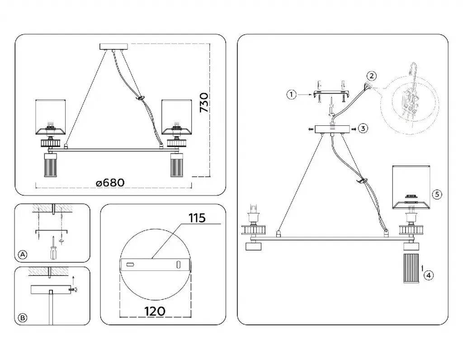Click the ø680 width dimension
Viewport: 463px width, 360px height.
point(110,182)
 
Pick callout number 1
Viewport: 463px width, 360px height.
point(292,95)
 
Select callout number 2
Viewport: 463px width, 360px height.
point(371,76)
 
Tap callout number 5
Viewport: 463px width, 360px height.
point(436,194)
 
